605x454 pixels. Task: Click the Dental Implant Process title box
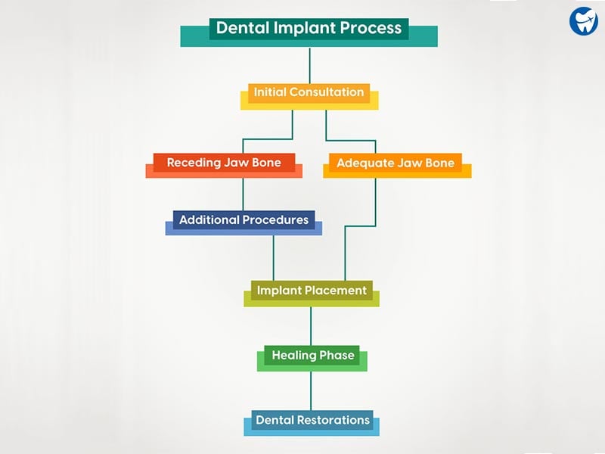pyautogui.click(x=309, y=33)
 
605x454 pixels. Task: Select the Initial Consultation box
pyautogui.click(x=309, y=97)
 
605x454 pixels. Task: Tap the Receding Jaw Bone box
pyautogui.click(x=224, y=166)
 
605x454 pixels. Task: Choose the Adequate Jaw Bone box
pyautogui.click(x=397, y=166)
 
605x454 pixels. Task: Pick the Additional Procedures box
pyautogui.click(x=244, y=222)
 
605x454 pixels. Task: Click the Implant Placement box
pyautogui.click(x=312, y=294)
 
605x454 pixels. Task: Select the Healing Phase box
pyautogui.click(x=312, y=358)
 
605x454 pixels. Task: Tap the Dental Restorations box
pyautogui.click(x=312, y=423)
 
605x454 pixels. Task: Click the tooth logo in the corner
pyautogui.click(x=583, y=21)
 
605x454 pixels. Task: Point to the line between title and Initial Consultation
pyautogui.click(x=309, y=66)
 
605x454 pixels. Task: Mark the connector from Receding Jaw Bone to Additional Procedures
pyautogui.click(x=243, y=194)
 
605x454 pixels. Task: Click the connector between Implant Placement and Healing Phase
pyautogui.click(x=311, y=326)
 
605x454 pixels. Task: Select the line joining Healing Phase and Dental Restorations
pyautogui.click(x=311, y=390)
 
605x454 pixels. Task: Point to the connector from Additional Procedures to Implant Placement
pyautogui.click(x=274, y=258)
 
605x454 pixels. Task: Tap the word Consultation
pyautogui.click(x=327, y=92)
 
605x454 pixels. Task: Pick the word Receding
pyautogui.click(x=194, y=163)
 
